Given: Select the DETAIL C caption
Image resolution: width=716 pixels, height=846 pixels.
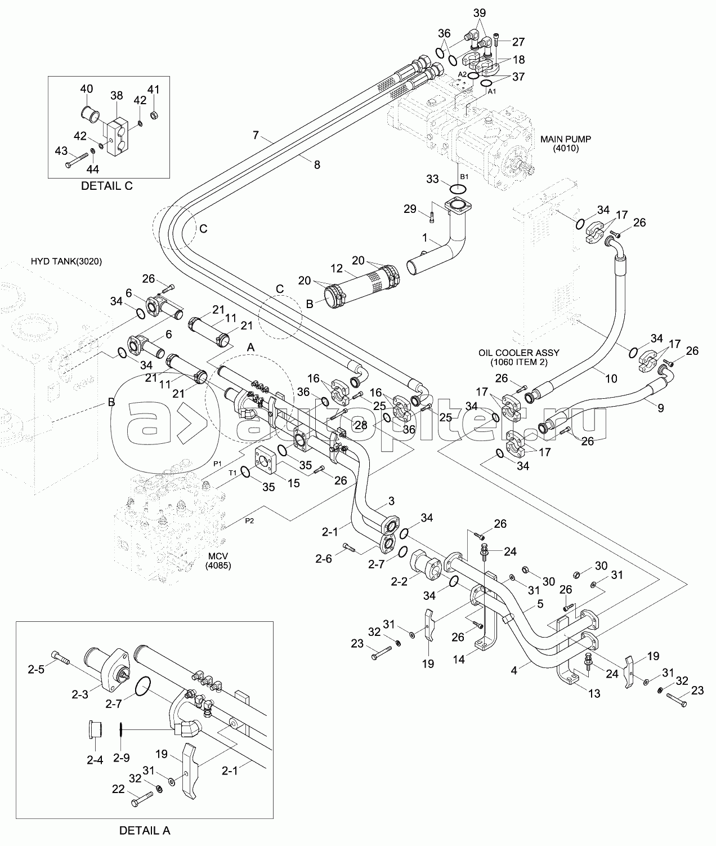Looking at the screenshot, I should coord(107,186).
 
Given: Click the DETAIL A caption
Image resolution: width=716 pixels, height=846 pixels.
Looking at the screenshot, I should coord(145,830).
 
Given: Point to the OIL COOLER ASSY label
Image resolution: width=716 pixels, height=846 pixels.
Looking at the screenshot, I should coord(518,353).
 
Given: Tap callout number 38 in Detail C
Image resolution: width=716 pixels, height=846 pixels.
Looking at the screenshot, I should coord(116,96).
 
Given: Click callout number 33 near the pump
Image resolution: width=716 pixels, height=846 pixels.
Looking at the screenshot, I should coord(432,179).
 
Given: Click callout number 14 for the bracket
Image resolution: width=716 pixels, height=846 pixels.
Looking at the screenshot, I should coord(459,660).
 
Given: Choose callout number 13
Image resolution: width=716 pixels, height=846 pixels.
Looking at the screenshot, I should coord(594,693).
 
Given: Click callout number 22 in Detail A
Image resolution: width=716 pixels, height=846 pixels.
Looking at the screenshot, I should coord(118,790).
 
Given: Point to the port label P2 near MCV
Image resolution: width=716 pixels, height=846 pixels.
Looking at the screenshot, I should coord(249,520).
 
